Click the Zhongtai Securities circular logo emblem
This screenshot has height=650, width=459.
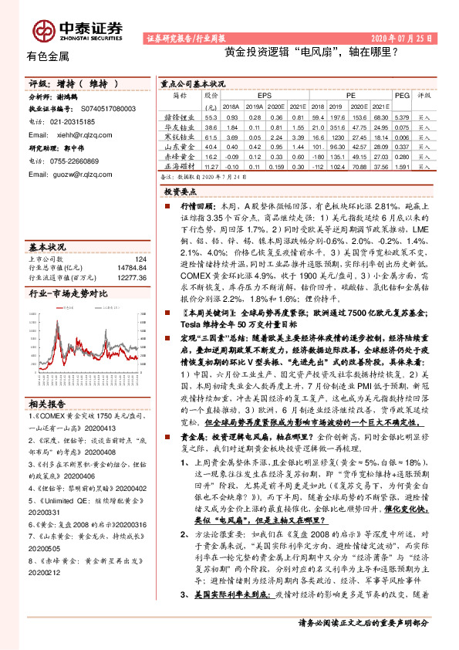[43, 30]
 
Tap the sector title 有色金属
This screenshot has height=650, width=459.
[48, 56]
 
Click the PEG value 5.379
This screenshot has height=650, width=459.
[400, 115]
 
